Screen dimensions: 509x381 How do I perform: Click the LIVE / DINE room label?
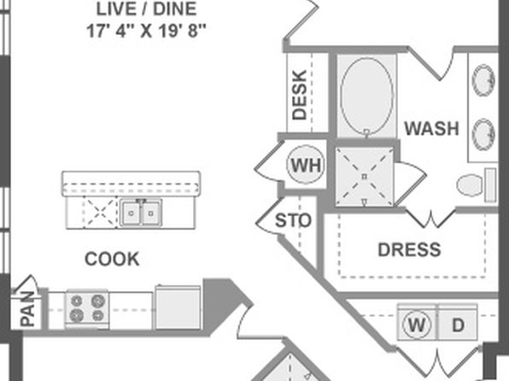click(146, 9)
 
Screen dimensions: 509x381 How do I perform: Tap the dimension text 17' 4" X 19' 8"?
click(146, 32)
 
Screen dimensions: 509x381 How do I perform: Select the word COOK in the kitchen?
click(112, 259)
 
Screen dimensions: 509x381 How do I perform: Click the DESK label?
click(299, 95)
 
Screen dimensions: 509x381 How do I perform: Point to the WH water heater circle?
click(306, 165)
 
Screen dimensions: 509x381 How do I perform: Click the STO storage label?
click(293, 220)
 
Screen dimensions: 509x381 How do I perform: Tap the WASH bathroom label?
click(431, 128)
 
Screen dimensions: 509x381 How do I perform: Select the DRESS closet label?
click(409, 249)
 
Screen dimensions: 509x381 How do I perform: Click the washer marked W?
click(418, 323)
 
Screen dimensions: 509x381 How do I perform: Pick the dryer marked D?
click(458, 323)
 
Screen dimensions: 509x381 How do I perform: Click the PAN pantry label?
click(27, 309)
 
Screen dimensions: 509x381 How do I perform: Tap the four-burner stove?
click(87, 308)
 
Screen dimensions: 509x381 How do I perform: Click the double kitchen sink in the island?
click(141, 213)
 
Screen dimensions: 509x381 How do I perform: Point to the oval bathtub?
click(366, 97)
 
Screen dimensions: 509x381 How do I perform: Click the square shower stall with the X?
click(365, 177)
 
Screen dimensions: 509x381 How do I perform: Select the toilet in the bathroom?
click(477, 185)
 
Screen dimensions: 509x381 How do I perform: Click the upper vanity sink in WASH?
click(483, 80)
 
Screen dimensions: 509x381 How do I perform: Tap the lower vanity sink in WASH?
click(483, 134)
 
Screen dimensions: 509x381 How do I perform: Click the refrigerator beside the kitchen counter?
click(178, 308)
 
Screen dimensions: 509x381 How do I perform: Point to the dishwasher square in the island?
click(100, 213)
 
